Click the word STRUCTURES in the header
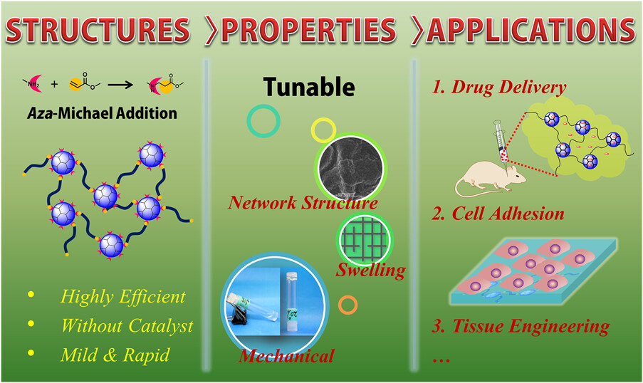click(x=98, y=30)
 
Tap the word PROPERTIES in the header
click(x=309, y=30)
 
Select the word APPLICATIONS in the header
click(x=530, y=30)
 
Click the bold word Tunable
click(x=309, y=87)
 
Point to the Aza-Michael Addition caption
click(x=102, y=113)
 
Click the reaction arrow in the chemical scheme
click(x=120, y=85)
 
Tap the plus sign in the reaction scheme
click(x=55, y=85)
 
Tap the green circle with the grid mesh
click(x=365, y=239)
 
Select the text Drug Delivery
click(x=508, y=87)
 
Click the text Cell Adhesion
click(x=508, y=214)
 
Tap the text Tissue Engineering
click(x=530, y=327)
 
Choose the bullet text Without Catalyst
click(x=127, y=326)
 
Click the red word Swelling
click(x=371, y=271)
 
